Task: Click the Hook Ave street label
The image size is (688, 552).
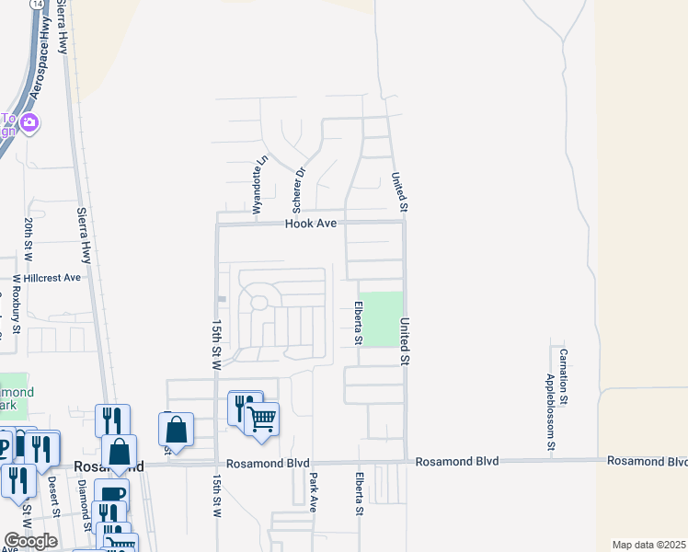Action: pos(311,224)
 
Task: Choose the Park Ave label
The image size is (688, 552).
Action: pos(314,491)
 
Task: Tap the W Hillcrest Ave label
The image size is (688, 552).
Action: pos(46,277)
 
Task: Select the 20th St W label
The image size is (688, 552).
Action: pos(29,236)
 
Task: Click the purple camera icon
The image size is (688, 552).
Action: pos(29,122)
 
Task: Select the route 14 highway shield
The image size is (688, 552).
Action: pos(36,5)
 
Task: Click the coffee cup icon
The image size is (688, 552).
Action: pos(111,495)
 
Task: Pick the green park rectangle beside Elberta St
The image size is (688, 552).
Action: pos(384,318)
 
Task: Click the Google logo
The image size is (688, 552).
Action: pos(30,541)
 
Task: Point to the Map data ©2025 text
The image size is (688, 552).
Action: pos(649,545)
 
